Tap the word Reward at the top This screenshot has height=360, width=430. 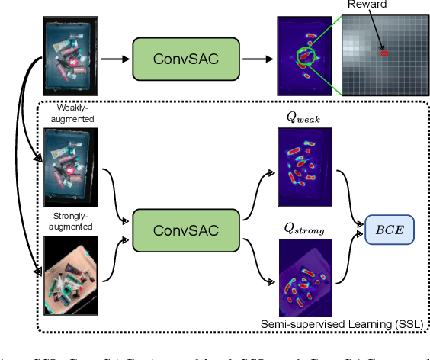367,5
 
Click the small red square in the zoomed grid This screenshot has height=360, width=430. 384,53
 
